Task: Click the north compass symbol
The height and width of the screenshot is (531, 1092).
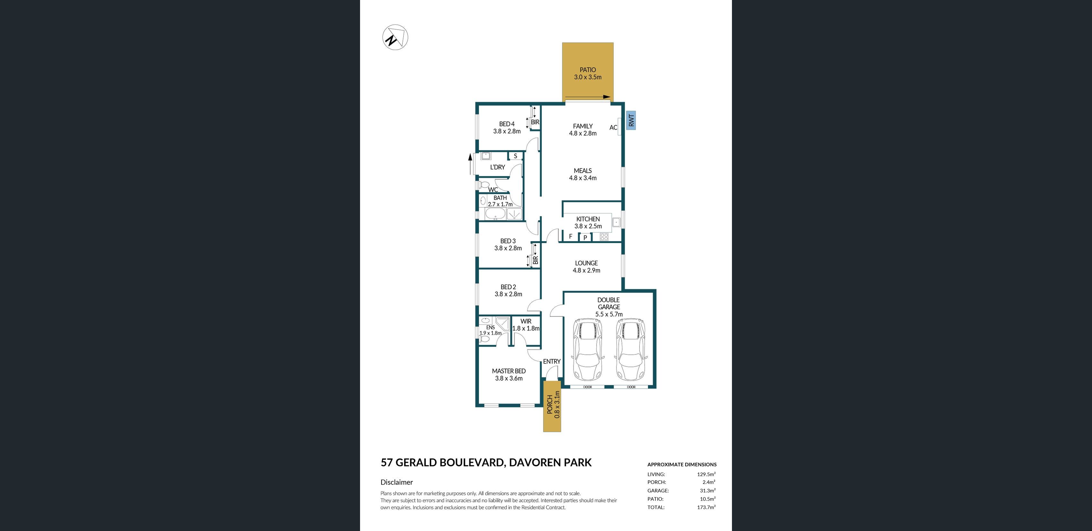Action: click(395, 37)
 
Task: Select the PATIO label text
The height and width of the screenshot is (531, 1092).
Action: click(588, 70)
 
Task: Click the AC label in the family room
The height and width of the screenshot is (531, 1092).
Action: click(613, 127)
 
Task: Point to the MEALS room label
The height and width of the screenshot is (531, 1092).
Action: click(583, 171)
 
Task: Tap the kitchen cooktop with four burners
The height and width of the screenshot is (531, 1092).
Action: click(604, 237)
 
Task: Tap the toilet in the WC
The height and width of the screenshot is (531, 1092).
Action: click(483, 185)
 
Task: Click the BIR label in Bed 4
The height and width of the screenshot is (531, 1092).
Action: click(535, 122)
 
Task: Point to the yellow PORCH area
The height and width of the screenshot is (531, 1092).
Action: click(552, 406)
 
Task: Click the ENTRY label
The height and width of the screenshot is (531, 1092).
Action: click(551, 361)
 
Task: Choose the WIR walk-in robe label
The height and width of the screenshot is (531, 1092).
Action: click(526, 321)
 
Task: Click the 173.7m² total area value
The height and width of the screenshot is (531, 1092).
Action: click(706, 507)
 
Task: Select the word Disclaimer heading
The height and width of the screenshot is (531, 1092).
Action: click(396, 482)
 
